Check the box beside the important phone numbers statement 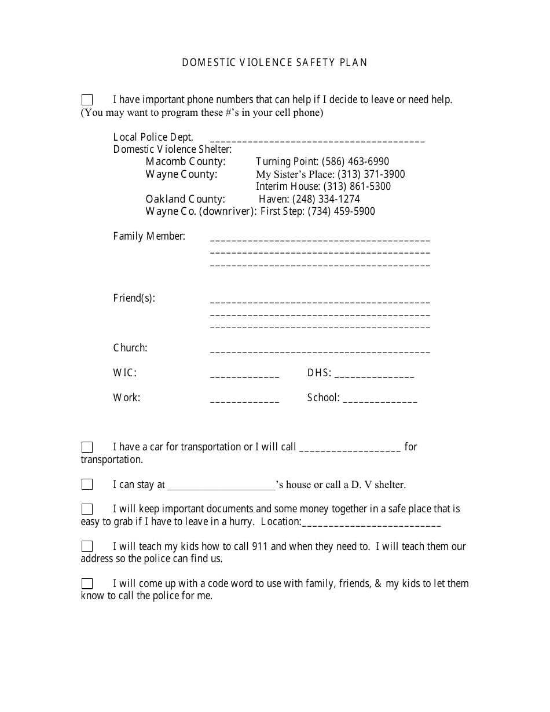click(x=87, y=100)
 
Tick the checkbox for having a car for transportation click(x=87, y=447)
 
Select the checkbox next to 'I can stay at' click(x=87, y=485)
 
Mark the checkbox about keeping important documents click(x=87, y=509)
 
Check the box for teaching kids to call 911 click(x=87, y=546)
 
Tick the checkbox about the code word click(x=87, y=583)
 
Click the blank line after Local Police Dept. click(x=317, y=140)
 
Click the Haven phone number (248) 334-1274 click(x=326, y=199)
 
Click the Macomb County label click(x=186, y=162)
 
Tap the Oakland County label click(x=185, y=199)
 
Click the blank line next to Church click(x=320, y=351)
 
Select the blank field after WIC click(x=244, y=376)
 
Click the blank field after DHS click(x=374, y=376)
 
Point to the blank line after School click(x=380, y=401)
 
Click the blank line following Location click(x=371, y=525)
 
